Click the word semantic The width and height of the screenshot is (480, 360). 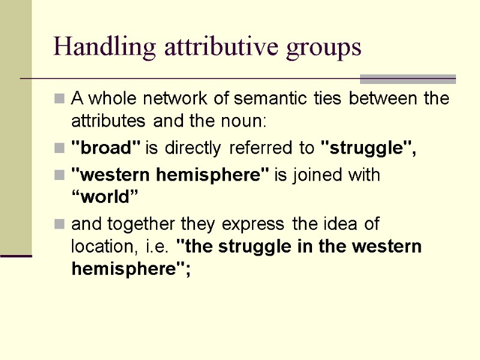269,98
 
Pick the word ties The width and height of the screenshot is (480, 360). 326,98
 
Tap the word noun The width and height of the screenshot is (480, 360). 244,121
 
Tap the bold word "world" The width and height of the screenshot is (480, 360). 106,198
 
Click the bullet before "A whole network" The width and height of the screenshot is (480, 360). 60,99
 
